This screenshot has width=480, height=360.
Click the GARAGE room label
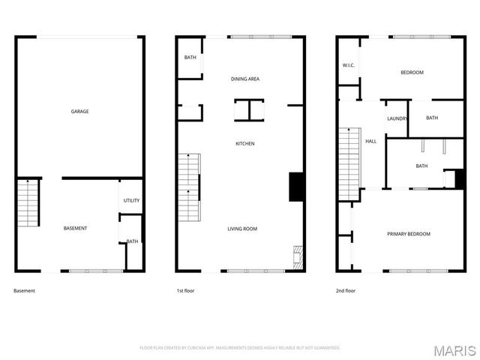point(80,112)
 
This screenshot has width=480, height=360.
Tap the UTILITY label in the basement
point(132,200)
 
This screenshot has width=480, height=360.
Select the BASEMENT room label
point(75,228)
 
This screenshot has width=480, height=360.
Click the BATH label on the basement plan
point(133,241)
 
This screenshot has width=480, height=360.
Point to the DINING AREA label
point(245,79)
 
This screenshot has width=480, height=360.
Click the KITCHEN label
point(245,143)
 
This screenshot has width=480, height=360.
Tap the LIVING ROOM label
point(243,229)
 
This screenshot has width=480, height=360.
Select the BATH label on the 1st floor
point(190,58)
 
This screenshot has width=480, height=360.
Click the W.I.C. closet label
point(348,65)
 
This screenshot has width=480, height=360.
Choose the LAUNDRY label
point(397,118)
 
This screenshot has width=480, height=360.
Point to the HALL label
point(370,141)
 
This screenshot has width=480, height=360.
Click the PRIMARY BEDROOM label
point(409,234)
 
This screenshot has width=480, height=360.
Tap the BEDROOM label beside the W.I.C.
point(412,73)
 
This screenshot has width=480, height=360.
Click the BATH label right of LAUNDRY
point(432,118)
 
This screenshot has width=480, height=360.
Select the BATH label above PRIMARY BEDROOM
point(421,166)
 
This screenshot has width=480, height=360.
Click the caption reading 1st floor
point(185,290)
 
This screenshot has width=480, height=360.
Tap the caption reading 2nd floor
point(346,290)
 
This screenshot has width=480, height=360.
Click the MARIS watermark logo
point(458,350)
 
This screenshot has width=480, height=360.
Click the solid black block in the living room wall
point(295,186)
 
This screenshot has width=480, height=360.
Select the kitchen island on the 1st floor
point(249,110)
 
